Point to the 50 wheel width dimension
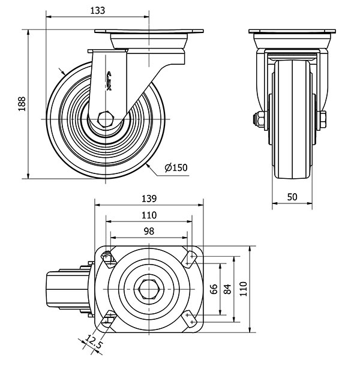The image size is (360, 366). click(x=292, y=197)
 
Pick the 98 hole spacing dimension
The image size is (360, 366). click(x=149, y=232)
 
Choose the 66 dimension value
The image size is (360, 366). click(x=214, y=289)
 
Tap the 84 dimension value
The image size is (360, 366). click(x=227, y=289)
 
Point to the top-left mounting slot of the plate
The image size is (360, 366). click(x=108, y=259)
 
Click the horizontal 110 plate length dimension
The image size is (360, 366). click(x=149, y=215)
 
